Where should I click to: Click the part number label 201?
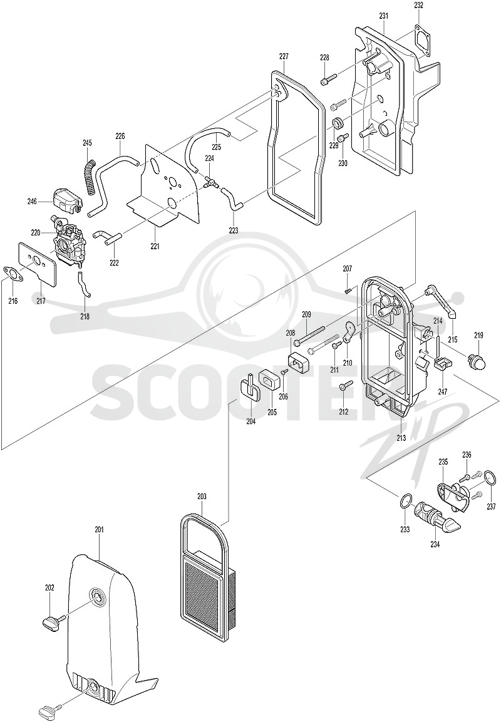click(x=100, y=530)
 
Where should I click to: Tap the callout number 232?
click(x=418, y=6)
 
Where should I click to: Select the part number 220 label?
click(x=36, y=232)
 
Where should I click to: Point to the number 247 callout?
click(x=443, y=392)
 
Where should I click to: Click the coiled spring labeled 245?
click(x=90, y=177)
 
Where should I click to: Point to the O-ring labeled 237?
click(x=491, y=482)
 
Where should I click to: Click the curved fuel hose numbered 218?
click(x=84, y=285)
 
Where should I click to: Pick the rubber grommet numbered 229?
click(x=338, y=123)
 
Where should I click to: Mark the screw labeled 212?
click(x=346, y=386)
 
